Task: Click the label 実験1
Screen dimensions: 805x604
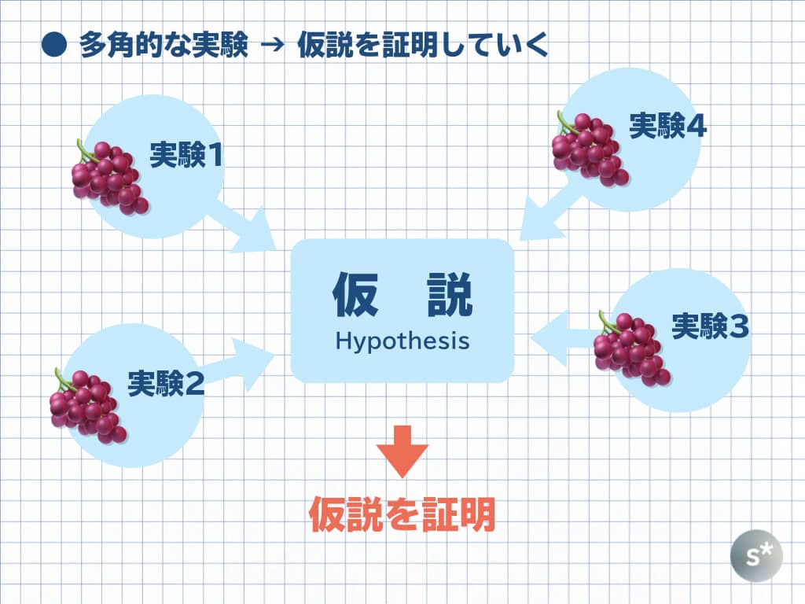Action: pyautogui.click(x=186, y=155)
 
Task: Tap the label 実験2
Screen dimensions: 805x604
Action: pyautogui.click(x=166, y=383)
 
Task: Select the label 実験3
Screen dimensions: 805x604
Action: pyautogui.click(x=710, y=326)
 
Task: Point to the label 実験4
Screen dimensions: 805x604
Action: pyautogui.click(x=667, y=125)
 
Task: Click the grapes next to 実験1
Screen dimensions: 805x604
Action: pyautogui.click(x=110, y=177)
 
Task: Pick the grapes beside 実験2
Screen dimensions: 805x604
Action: pyautogui.click(x=88, y=406)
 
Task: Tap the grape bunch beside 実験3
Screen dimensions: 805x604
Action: pyautogui.click(x=632, y=348)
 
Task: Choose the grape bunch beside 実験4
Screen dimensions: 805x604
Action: pyautogui.click(x=590, y=149)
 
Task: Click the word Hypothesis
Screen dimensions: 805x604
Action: pyautogui.click(x=402, y=341)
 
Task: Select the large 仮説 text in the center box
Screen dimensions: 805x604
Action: pyautogui.click(x=402, y=294)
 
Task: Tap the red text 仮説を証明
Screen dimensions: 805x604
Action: pyautogui.click(x=402, y=514)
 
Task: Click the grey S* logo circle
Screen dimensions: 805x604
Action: pyautogui.click(x=756, y=556)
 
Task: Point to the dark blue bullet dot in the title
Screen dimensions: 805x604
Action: pyautogui.click(x=54, y=45)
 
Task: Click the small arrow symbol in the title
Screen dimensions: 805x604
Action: pyautogui.click(x=272, y=45)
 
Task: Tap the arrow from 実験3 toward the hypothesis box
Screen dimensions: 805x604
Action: pyautogui.click(x=564, y=338)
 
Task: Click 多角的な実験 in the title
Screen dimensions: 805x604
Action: pyautogui.click(x=164, y=45)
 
